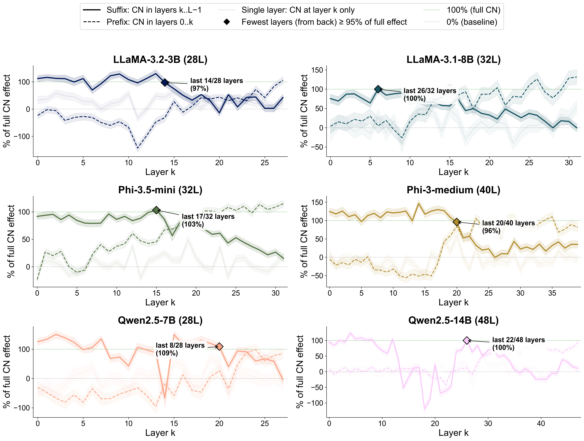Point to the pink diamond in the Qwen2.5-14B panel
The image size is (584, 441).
(x=467, y=340)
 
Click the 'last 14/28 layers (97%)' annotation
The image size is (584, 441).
(x=216, y=85)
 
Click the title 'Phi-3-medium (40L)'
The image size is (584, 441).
(x=453, y=190)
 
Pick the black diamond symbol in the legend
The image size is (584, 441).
(x=226, y=22)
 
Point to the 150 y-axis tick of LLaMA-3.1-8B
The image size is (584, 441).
(x=317, y=70)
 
